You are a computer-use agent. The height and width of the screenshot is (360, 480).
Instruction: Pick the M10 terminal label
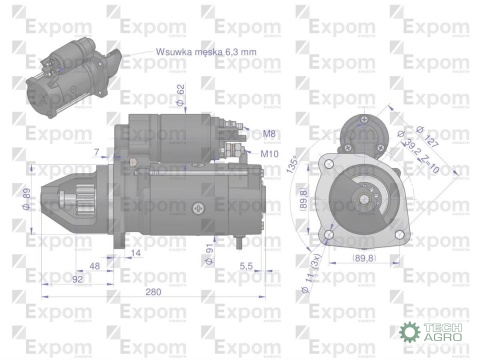[x=268, y=154]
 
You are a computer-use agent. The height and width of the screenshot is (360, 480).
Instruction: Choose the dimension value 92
[x=76, y=279]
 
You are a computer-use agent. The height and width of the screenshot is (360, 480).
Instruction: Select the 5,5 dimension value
[x=247, y=265]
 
